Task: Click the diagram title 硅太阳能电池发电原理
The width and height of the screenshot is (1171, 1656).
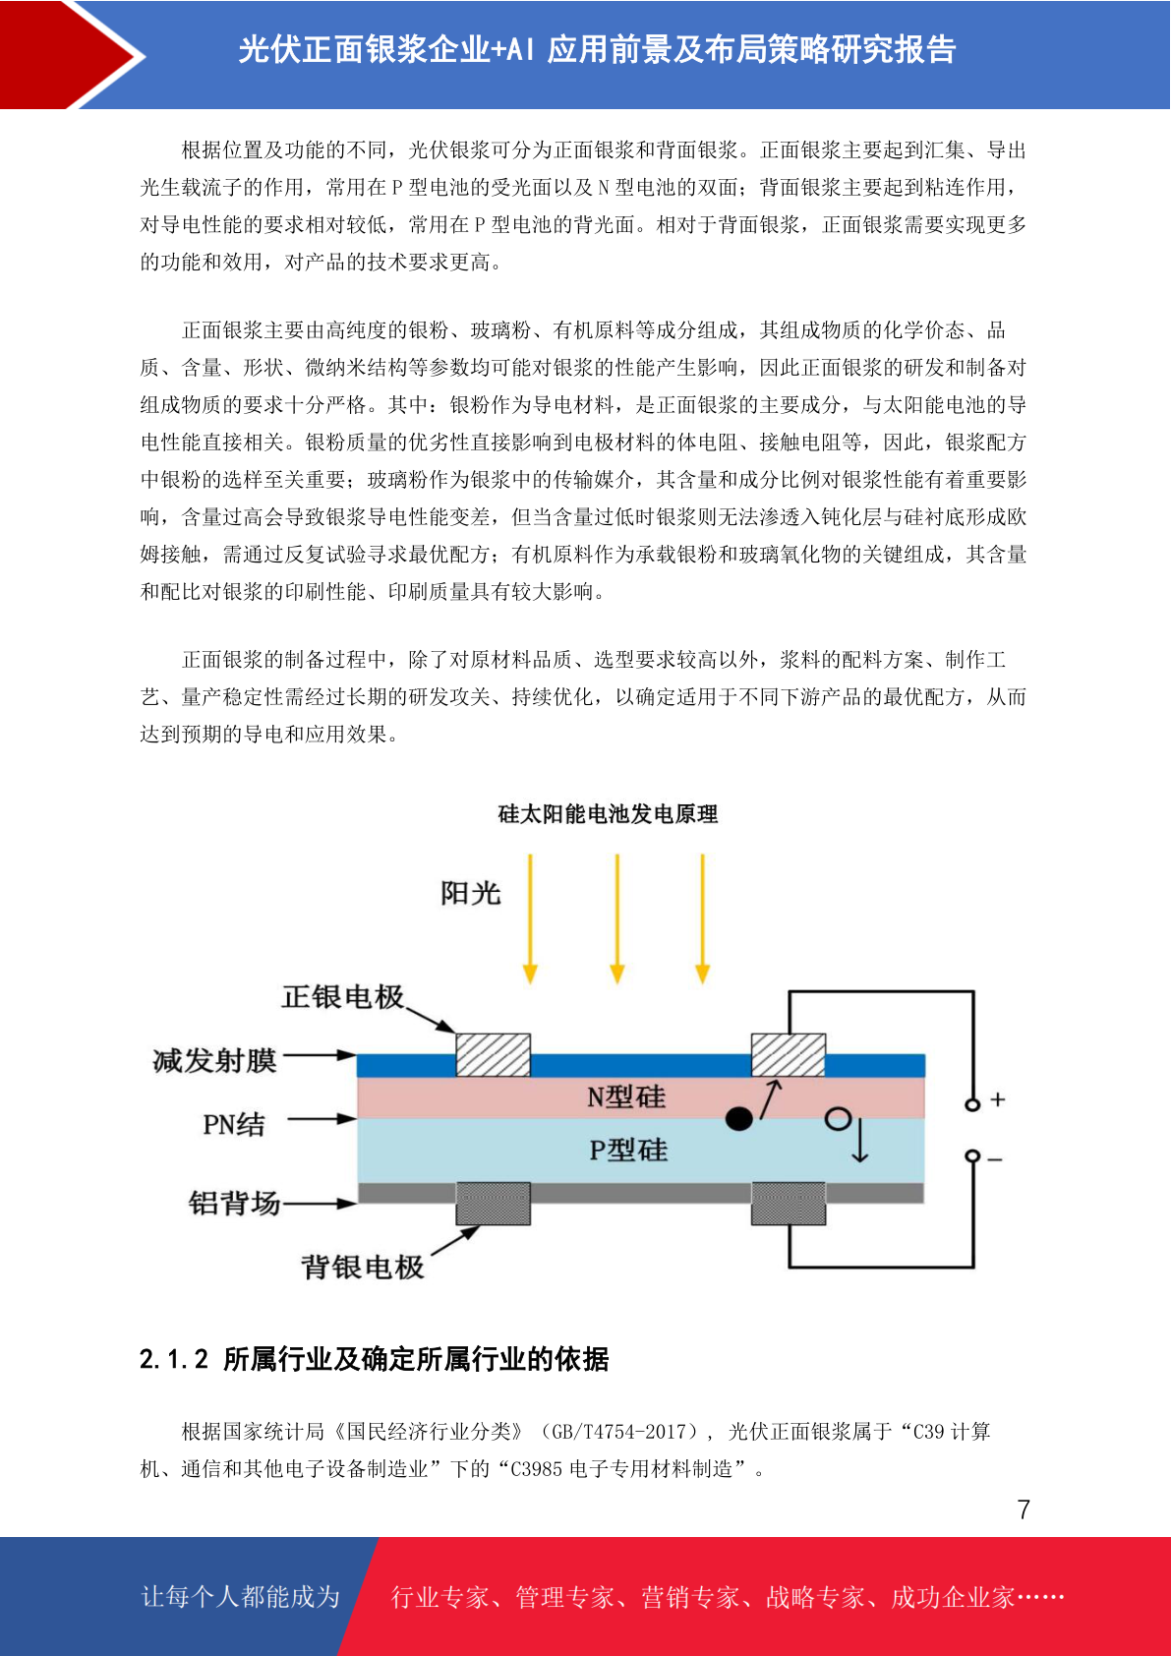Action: coord(608,814)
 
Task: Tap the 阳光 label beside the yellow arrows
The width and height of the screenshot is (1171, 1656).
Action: coord(471,893)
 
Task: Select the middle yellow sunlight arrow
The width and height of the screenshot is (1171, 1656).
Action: coord(617,918)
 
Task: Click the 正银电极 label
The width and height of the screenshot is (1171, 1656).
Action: coord(342,996)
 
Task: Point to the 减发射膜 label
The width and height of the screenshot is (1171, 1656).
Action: coord(214,1060)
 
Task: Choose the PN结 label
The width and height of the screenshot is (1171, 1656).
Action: coord(234,1124)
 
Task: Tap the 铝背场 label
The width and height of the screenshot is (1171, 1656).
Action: coord(234,1203)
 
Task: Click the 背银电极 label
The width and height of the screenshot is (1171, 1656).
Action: coord(362,1268)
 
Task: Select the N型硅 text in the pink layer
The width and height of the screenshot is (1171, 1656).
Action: coord(626,1097)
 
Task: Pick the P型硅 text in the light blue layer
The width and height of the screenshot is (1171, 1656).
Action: coord(628,1151)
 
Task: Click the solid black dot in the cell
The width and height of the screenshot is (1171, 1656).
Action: coord(739,1119)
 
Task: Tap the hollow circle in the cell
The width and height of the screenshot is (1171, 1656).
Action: coord(838,1118)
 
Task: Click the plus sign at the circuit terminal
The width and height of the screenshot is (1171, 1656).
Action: coord(998,1100)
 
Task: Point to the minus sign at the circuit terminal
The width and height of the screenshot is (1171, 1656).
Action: coord(995,1159)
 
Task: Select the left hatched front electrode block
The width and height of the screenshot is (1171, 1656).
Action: coord(494,1055)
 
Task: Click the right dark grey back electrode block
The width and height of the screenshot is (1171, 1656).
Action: coord(789,1204)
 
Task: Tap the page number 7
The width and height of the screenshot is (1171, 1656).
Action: coord(1024,1509)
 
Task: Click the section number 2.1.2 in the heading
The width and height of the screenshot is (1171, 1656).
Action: coord(174,1359)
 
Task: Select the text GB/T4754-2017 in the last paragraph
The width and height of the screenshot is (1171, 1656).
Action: coord(624,1432)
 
